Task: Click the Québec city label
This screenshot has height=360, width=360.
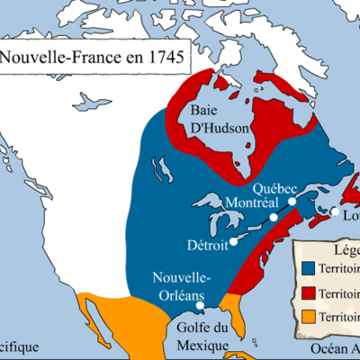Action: (275, 189)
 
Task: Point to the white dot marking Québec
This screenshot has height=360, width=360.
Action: (292, 202)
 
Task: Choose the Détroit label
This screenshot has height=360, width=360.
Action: (208, 244)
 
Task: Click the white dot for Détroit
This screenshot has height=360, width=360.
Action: (232, 241)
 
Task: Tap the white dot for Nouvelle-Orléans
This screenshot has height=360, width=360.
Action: (200, 304)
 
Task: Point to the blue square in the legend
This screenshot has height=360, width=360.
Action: (309, 268)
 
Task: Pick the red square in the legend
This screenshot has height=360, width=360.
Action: (309, 292)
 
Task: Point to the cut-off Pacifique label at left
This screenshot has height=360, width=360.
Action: (18, 346)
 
